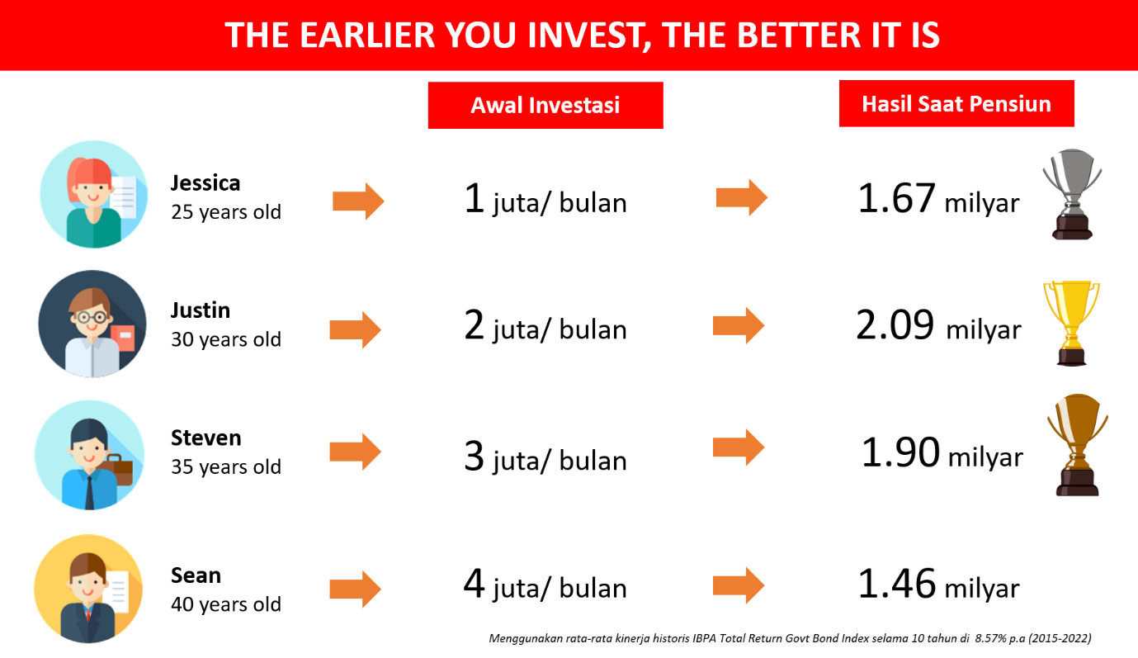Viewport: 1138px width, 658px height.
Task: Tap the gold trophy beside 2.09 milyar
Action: click(x=1071, y=323)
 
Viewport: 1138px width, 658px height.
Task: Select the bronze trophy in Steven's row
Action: click(x=1078, y=445)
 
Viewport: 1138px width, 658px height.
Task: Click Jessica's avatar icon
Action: click(x=94, y=195)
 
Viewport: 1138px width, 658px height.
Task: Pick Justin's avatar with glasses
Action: click(x=92, y=324)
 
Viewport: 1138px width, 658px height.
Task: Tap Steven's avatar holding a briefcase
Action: click(x=89, y=455)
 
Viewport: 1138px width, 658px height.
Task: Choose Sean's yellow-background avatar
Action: click(x=88, y=589)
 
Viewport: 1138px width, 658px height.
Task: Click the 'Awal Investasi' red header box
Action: click(x=545, y=105)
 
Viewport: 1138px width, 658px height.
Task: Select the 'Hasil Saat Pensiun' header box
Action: click(x=956, y=104)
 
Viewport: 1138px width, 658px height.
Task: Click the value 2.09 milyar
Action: click(x=938, y=325)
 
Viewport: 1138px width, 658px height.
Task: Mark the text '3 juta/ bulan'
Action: click(x=545, y=457)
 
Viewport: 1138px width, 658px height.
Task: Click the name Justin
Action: click(x=201, y=310)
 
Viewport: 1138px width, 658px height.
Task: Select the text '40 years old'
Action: click(x=226, y=604)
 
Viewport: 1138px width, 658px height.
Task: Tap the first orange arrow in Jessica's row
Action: click(x=358, y=201)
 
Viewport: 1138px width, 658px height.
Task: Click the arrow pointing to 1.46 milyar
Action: click(x=739, y=585)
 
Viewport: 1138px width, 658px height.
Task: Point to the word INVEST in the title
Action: click(x=586, y=35)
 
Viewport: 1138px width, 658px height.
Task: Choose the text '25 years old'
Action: click(x=226, y=212)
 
